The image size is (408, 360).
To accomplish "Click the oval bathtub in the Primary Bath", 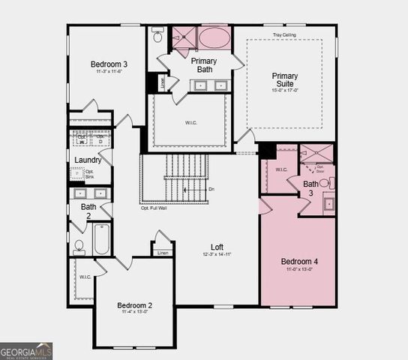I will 214,37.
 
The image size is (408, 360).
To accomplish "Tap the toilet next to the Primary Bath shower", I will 158,35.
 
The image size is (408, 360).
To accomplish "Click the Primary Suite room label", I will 285,79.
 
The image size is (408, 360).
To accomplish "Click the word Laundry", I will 88,160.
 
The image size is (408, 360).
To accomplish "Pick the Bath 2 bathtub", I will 102,239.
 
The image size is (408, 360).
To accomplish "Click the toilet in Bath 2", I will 79,245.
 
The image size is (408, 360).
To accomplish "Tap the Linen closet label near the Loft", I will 163,253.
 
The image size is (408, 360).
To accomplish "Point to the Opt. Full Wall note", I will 154,208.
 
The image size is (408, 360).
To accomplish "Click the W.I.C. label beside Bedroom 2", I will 85,277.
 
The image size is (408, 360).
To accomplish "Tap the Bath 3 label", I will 310,188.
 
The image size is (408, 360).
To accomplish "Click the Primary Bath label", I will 203,64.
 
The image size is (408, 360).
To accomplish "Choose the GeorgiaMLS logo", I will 26,350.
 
